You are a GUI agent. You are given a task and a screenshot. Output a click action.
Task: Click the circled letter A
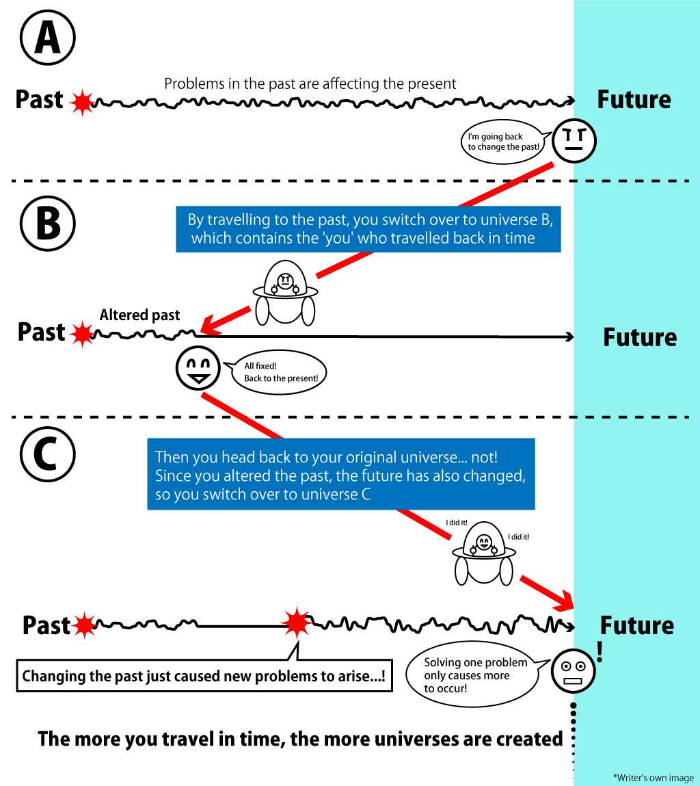click(46, 40)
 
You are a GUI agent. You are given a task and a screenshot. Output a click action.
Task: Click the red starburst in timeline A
click(82, 102)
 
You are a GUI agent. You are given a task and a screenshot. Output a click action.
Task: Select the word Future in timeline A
click(634, 100)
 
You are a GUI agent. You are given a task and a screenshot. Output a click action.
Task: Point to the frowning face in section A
click(574, 142)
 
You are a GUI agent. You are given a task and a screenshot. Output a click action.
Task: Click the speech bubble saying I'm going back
click(504, 142)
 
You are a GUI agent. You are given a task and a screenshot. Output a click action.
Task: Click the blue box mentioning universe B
click(368, 229)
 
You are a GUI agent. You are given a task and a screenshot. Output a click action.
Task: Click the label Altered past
click(139, 315)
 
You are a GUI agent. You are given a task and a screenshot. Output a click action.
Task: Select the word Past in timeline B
click(41, 332)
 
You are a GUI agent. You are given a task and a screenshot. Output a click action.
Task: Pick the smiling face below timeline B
click(198, 368)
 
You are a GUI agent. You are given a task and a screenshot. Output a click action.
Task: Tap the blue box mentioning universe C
click(340, 475)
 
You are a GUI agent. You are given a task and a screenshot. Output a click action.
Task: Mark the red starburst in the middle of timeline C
click(297, 622)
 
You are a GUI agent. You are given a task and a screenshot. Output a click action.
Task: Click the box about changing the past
click(204, 677)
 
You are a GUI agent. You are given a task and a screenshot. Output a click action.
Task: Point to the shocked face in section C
click(573, 671)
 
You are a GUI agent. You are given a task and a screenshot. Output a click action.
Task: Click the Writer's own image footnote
click(653, 778)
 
